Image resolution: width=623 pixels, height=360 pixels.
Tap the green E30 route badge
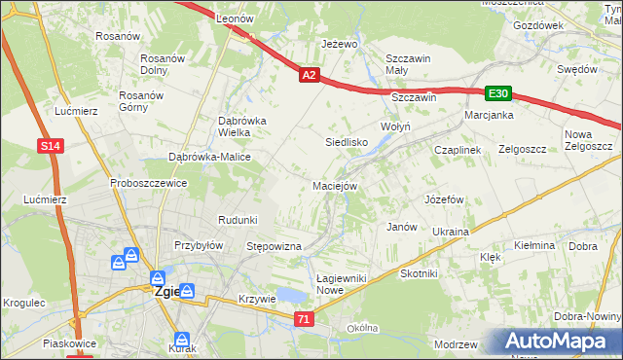click(x=498, y=93)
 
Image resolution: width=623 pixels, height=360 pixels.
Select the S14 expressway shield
click(x=53, y=145)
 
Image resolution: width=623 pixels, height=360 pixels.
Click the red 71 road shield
click(x=305, y=318)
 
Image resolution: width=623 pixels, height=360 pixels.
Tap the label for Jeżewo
click(x=340, y=45)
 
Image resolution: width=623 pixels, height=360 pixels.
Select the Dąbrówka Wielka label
click(x=228, y=126)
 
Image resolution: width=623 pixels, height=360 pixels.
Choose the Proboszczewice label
click(x=148, y=183)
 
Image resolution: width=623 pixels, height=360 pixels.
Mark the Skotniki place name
click(x=419, y=274)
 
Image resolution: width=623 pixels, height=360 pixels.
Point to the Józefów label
click(x=442, y=198)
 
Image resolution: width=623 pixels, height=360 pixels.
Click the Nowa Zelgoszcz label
click(x=588, y=140)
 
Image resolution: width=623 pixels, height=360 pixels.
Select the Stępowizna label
click(x=275, y=246)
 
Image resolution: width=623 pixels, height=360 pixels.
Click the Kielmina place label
click(x=533, y=246)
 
